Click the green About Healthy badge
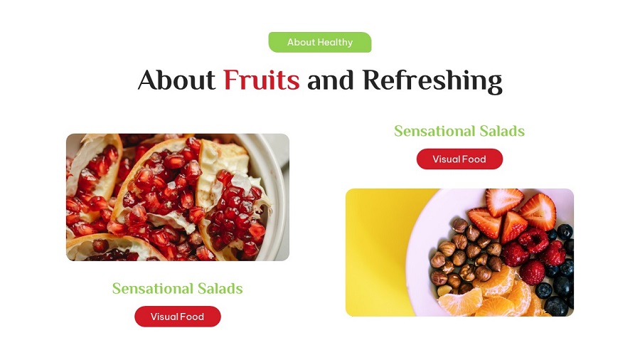tap(319, 42)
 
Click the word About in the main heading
tap(176, 80)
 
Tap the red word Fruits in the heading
tap(261, 80)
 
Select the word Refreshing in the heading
tap(432, 80)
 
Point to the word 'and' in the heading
tap(331, 80)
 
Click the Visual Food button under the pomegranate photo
tap(177, 317)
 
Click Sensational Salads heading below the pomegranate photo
tap(177, 288)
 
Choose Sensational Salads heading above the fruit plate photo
tap(459, 131)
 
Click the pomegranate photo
tap(177, 197)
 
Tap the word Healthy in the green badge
tap(335, 42)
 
